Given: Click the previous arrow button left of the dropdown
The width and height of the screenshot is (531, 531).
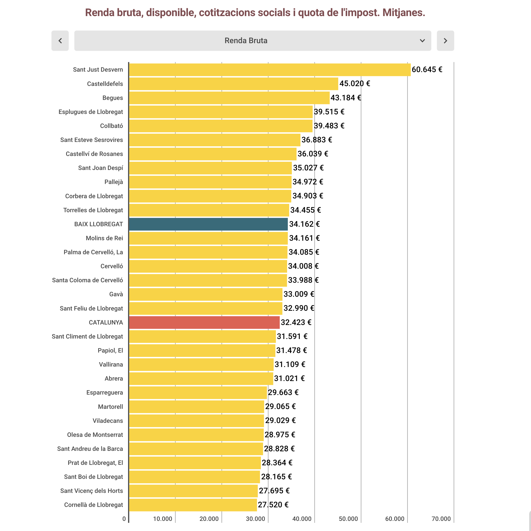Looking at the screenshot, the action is point(60,41).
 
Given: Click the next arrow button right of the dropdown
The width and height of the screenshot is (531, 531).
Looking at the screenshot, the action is point(445,41).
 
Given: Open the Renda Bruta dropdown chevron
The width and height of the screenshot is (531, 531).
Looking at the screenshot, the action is point(422,41).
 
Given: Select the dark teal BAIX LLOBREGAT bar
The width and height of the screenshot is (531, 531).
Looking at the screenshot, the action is point(208,224).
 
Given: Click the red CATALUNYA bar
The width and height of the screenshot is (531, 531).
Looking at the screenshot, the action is point(204,322).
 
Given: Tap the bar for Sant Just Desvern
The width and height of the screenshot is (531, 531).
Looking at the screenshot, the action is point(270,70).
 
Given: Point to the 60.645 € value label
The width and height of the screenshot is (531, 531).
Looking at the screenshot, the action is point(427,70).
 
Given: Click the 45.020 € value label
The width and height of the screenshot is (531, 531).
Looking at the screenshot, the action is point(355,84).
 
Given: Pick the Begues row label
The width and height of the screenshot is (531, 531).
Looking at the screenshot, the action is point(113,98).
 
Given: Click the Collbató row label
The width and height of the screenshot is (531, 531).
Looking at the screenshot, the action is point(111,126).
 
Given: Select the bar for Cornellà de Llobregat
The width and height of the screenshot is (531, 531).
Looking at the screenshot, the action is point(193,505).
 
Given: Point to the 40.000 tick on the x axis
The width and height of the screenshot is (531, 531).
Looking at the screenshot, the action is point(302,519).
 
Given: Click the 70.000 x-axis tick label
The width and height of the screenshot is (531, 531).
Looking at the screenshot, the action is point(441,519).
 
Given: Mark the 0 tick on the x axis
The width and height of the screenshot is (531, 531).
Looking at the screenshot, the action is point(124,519).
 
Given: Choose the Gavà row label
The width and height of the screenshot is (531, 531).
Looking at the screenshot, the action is point(116,294).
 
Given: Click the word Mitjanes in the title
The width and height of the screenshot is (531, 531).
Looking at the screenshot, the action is point(404,13).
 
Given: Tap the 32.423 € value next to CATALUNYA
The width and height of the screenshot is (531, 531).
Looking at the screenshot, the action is point(296,322).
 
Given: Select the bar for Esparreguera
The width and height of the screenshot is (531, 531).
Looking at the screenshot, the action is point(198,393).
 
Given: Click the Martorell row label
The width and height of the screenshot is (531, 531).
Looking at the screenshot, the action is point(110,407).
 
